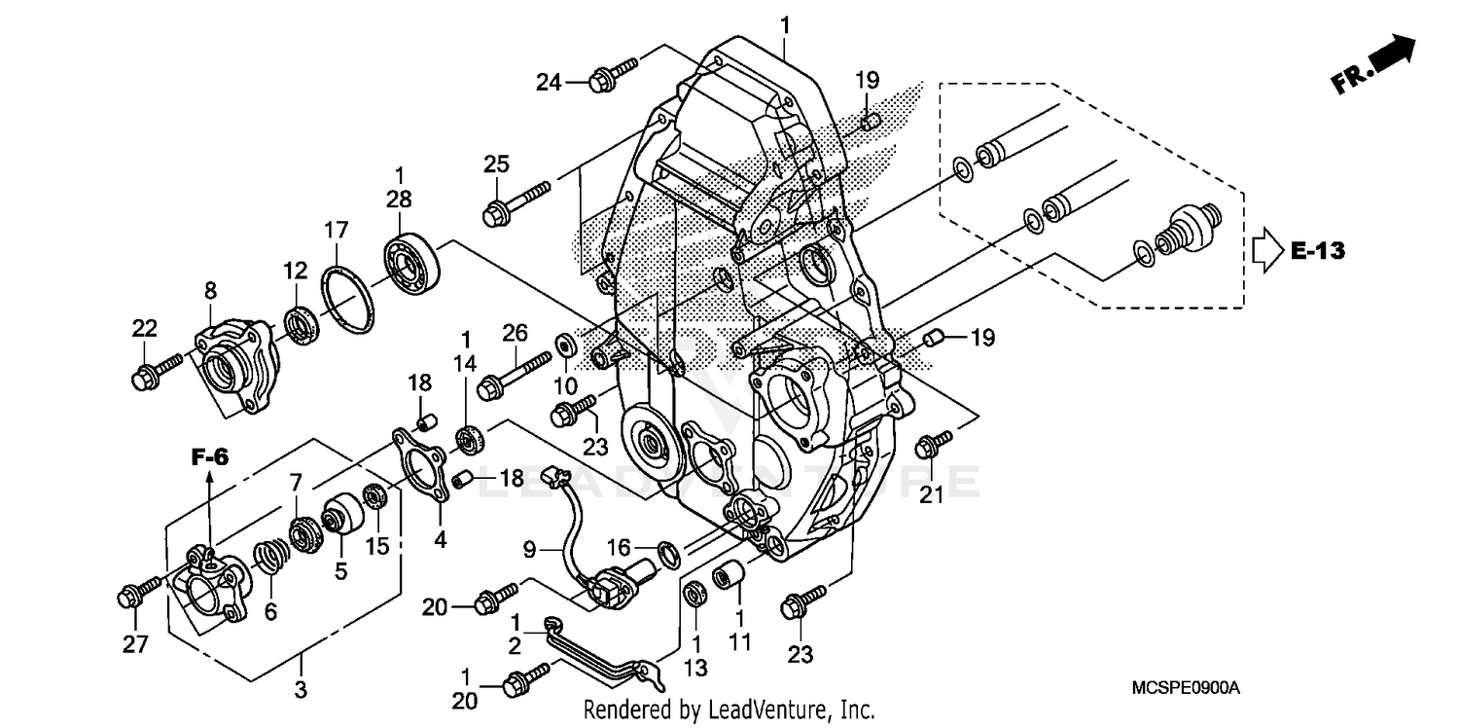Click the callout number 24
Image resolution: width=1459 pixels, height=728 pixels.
(549, 83)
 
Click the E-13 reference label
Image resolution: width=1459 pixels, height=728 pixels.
(1318, 251)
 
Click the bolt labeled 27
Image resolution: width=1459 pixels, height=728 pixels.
(138, 592)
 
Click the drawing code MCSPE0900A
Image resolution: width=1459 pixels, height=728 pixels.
(1185, 688)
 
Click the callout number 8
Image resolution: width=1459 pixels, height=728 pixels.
(210, 290)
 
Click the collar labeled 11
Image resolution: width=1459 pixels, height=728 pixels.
(729, 576)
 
